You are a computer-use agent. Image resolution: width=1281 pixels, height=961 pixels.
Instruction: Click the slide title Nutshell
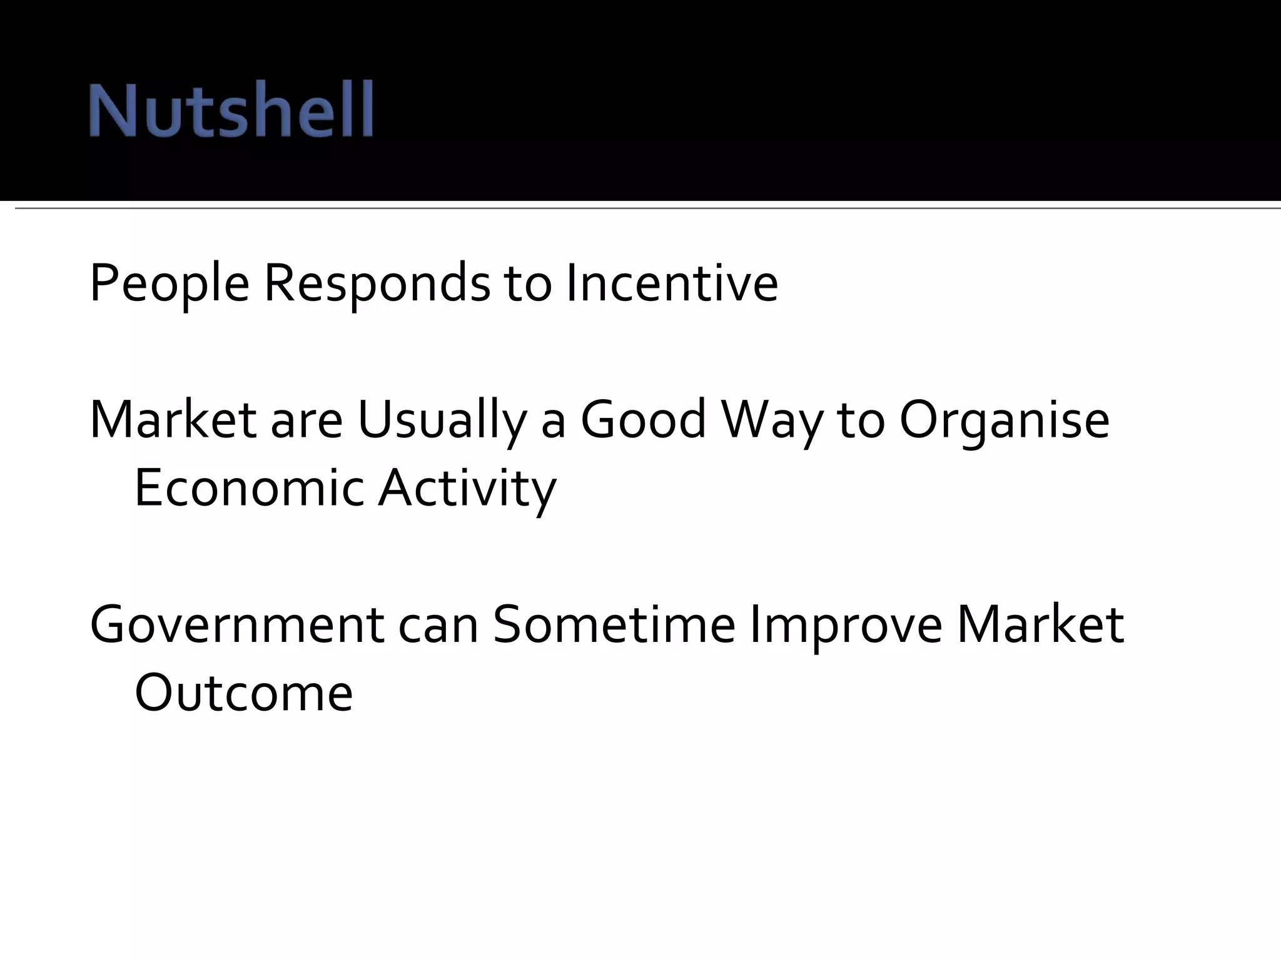point(231,109)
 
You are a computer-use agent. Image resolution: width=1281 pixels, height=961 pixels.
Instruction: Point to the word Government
point(237,625)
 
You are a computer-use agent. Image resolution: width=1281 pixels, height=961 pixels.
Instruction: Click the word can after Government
point(438,626)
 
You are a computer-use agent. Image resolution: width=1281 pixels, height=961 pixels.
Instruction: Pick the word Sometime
point(614,625)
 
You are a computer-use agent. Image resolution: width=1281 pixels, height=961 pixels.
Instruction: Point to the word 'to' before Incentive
point(528,285)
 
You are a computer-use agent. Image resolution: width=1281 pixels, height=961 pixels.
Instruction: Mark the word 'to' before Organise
point(861,420)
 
